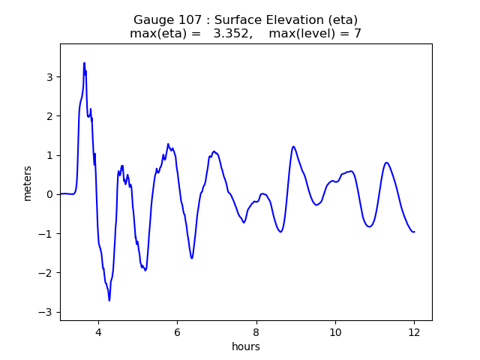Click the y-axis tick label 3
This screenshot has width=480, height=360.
click(x=49, y=77)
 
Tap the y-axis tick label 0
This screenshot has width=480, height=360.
click(x=49, y=194)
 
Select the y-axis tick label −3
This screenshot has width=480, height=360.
click(x=46, y=312)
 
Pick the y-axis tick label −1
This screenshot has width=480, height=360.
click(x=46, y=234)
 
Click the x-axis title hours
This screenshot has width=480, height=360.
click(x=246, y=346)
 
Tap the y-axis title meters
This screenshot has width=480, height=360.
click(x=28, y=182)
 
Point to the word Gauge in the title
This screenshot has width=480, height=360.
click(x=152, y=19)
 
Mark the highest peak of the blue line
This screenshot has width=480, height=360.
click(x=84, y=63)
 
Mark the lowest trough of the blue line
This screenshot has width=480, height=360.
click(x=109, y=301)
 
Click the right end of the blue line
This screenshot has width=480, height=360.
click(x=414, y=232)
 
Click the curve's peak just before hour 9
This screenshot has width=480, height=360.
click(x=293, y=146)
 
